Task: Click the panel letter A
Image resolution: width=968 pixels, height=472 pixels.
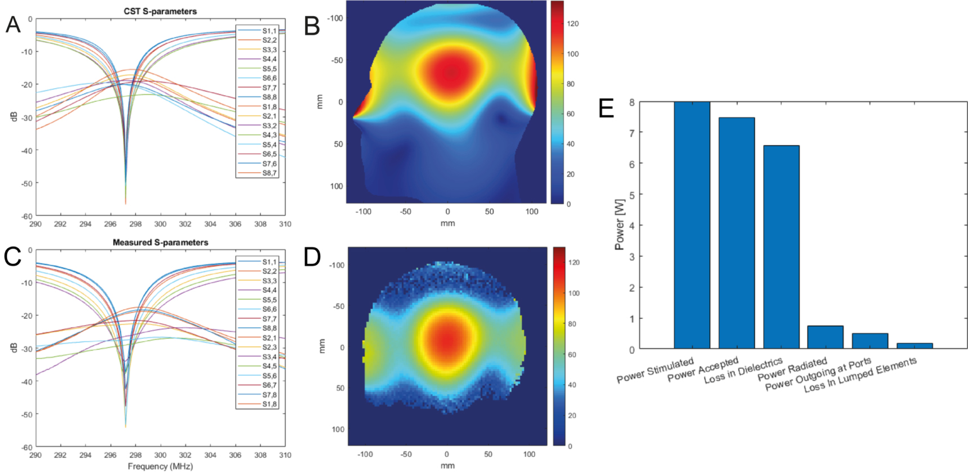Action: click(x=13, y=25)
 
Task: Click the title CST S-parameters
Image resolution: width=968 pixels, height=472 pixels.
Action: click(x=160, y=11)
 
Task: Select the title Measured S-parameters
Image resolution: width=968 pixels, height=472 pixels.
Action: click(x=160, y=242)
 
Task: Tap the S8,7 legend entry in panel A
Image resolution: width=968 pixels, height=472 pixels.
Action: click(x=269, y=173)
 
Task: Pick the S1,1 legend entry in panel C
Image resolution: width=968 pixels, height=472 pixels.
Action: click(x=269, y=262)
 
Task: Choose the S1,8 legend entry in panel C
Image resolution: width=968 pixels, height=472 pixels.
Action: click(x=269, y=404)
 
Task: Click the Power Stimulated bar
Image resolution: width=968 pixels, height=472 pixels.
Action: click(x=692, y=225)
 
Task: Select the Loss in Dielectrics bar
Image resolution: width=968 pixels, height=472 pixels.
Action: click(x=781, y=248)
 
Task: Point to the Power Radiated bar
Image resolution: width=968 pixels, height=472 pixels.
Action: click(x=825, y=338)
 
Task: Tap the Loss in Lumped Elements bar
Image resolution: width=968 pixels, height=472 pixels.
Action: click(x=915, y=345)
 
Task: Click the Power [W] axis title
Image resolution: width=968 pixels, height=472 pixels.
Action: click(x=620, y=224)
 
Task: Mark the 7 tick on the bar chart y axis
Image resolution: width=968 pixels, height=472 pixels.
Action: click(x=631, y=133)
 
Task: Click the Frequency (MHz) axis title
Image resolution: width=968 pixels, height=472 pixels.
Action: click(x=160, y=466)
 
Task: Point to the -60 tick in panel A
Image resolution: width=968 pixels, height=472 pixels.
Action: click(x=26, y=216)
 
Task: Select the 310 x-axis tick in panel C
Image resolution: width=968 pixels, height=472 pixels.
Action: click(x=285, y=455)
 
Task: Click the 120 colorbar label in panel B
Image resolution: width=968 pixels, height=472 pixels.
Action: click(x=572, y=24)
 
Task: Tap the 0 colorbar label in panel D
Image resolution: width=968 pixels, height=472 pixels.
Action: click(x=570, y=446)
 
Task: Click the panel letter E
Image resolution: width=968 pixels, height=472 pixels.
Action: click(x=606, y=108)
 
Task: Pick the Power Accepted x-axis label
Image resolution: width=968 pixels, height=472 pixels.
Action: click(x=702, y=370)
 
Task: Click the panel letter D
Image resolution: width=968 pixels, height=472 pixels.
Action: click(x=312, y=257)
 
